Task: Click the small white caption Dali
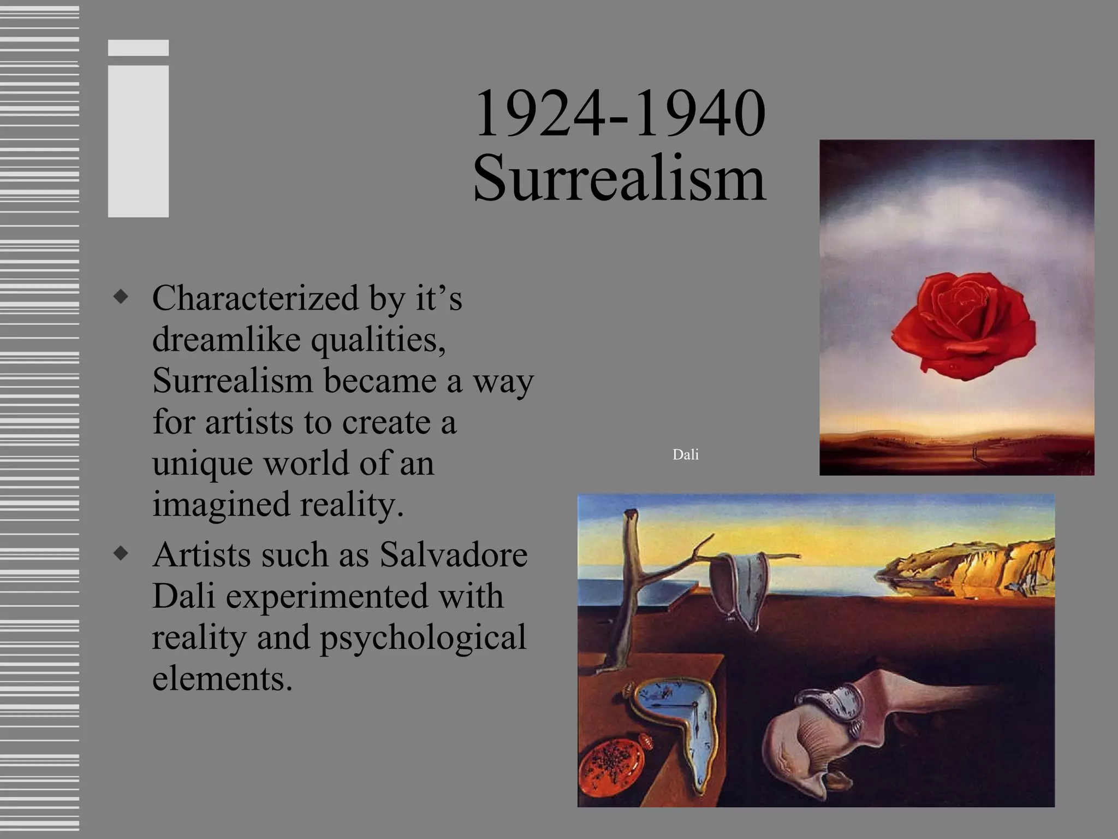click(x=685, y=454)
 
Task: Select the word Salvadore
click(x=453, y=554)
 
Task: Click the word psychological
click(x=423, y=637)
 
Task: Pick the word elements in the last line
click(x=222, y=678)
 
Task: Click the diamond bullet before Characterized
click(x=121, y=297)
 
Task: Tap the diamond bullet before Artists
click(x=121, y=553)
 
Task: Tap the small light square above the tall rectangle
click(x=138, y=48)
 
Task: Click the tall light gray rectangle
click(x=138, y=141)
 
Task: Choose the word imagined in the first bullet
click(x=221, y=504)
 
